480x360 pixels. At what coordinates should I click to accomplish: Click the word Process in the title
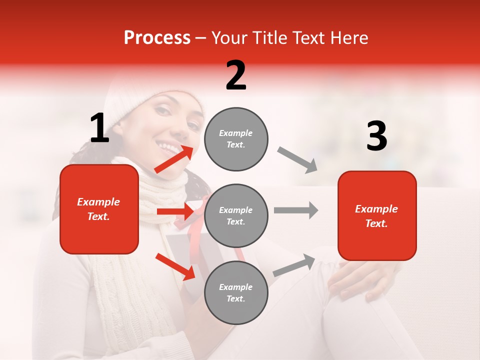157,38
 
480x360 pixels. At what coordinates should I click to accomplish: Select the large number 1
99,128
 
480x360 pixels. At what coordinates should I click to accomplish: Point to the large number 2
236,75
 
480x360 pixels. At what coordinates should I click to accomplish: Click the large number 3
376,136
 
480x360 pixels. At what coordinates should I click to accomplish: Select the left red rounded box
99,209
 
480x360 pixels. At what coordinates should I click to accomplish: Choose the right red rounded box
377,215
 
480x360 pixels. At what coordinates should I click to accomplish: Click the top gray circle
236,139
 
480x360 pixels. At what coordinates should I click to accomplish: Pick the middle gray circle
236,215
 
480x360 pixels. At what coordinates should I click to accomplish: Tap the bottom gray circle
236,292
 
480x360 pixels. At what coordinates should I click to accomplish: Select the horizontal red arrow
174,211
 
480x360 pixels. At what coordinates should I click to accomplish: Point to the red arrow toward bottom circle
175,266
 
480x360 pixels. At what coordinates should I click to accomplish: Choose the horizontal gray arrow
295,210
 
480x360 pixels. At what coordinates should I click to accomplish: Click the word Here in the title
349,38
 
